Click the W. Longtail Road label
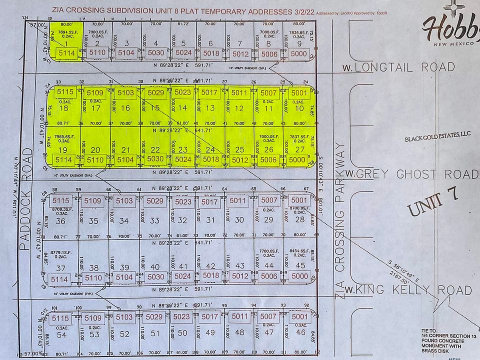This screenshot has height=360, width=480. tap(398, 67)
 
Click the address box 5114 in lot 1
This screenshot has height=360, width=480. tap(66, 52)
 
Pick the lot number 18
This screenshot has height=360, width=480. tap(63, 108)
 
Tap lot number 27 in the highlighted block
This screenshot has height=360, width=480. tap(300, 149)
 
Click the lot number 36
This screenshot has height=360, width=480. tap(61, 220)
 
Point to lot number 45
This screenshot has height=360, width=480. tap(300, 265)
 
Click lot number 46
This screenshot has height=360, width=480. tap(300, 332)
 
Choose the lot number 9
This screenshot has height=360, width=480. tap(299, 43)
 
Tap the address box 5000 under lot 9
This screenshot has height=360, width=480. tap(299, 53)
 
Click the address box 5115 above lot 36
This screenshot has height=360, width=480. tap(61, 200)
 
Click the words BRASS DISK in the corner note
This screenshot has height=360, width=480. tap(446, 350)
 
